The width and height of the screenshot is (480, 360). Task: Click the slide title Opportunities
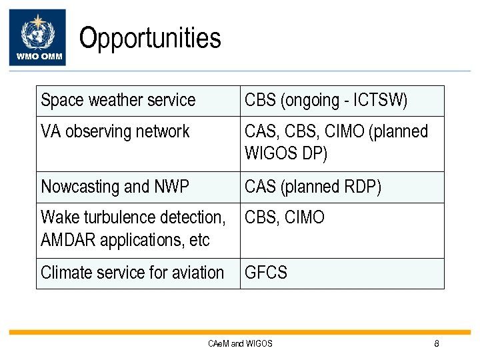150,38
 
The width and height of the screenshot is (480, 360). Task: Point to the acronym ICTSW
380,101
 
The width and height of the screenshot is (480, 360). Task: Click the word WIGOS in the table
269,153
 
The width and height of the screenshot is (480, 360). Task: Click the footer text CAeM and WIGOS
240,344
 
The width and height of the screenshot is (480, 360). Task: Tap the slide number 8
437,344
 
